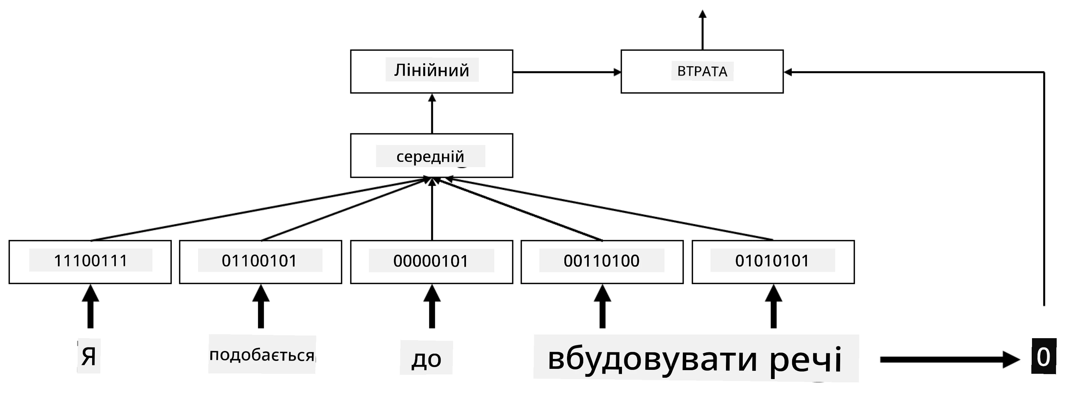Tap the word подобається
[x=262, y=355]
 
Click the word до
[x=426, y=359]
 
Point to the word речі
[x=805, y=360]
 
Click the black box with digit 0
[x=1044, y=356]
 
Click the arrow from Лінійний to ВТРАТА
[x=567, y=72]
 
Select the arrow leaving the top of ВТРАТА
[x=702, y=29]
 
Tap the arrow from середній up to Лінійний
[x=432, y=113]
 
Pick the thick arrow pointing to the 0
[x=950, y=359]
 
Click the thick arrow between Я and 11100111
[x=90, y=306]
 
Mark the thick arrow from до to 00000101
[x=432, y=306]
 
